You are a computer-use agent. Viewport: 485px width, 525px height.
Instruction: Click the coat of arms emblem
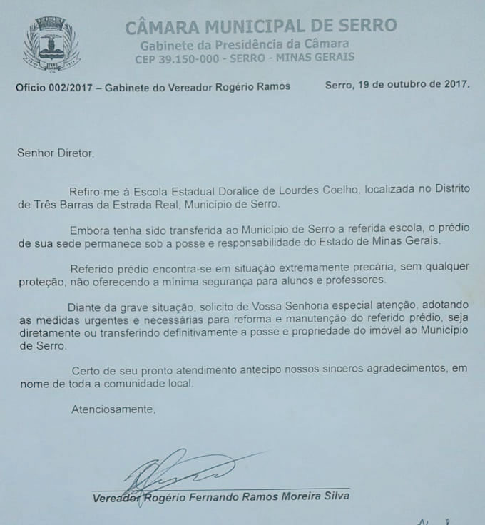(51, 44)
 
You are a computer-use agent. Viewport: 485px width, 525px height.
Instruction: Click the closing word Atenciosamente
(113, 409)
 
